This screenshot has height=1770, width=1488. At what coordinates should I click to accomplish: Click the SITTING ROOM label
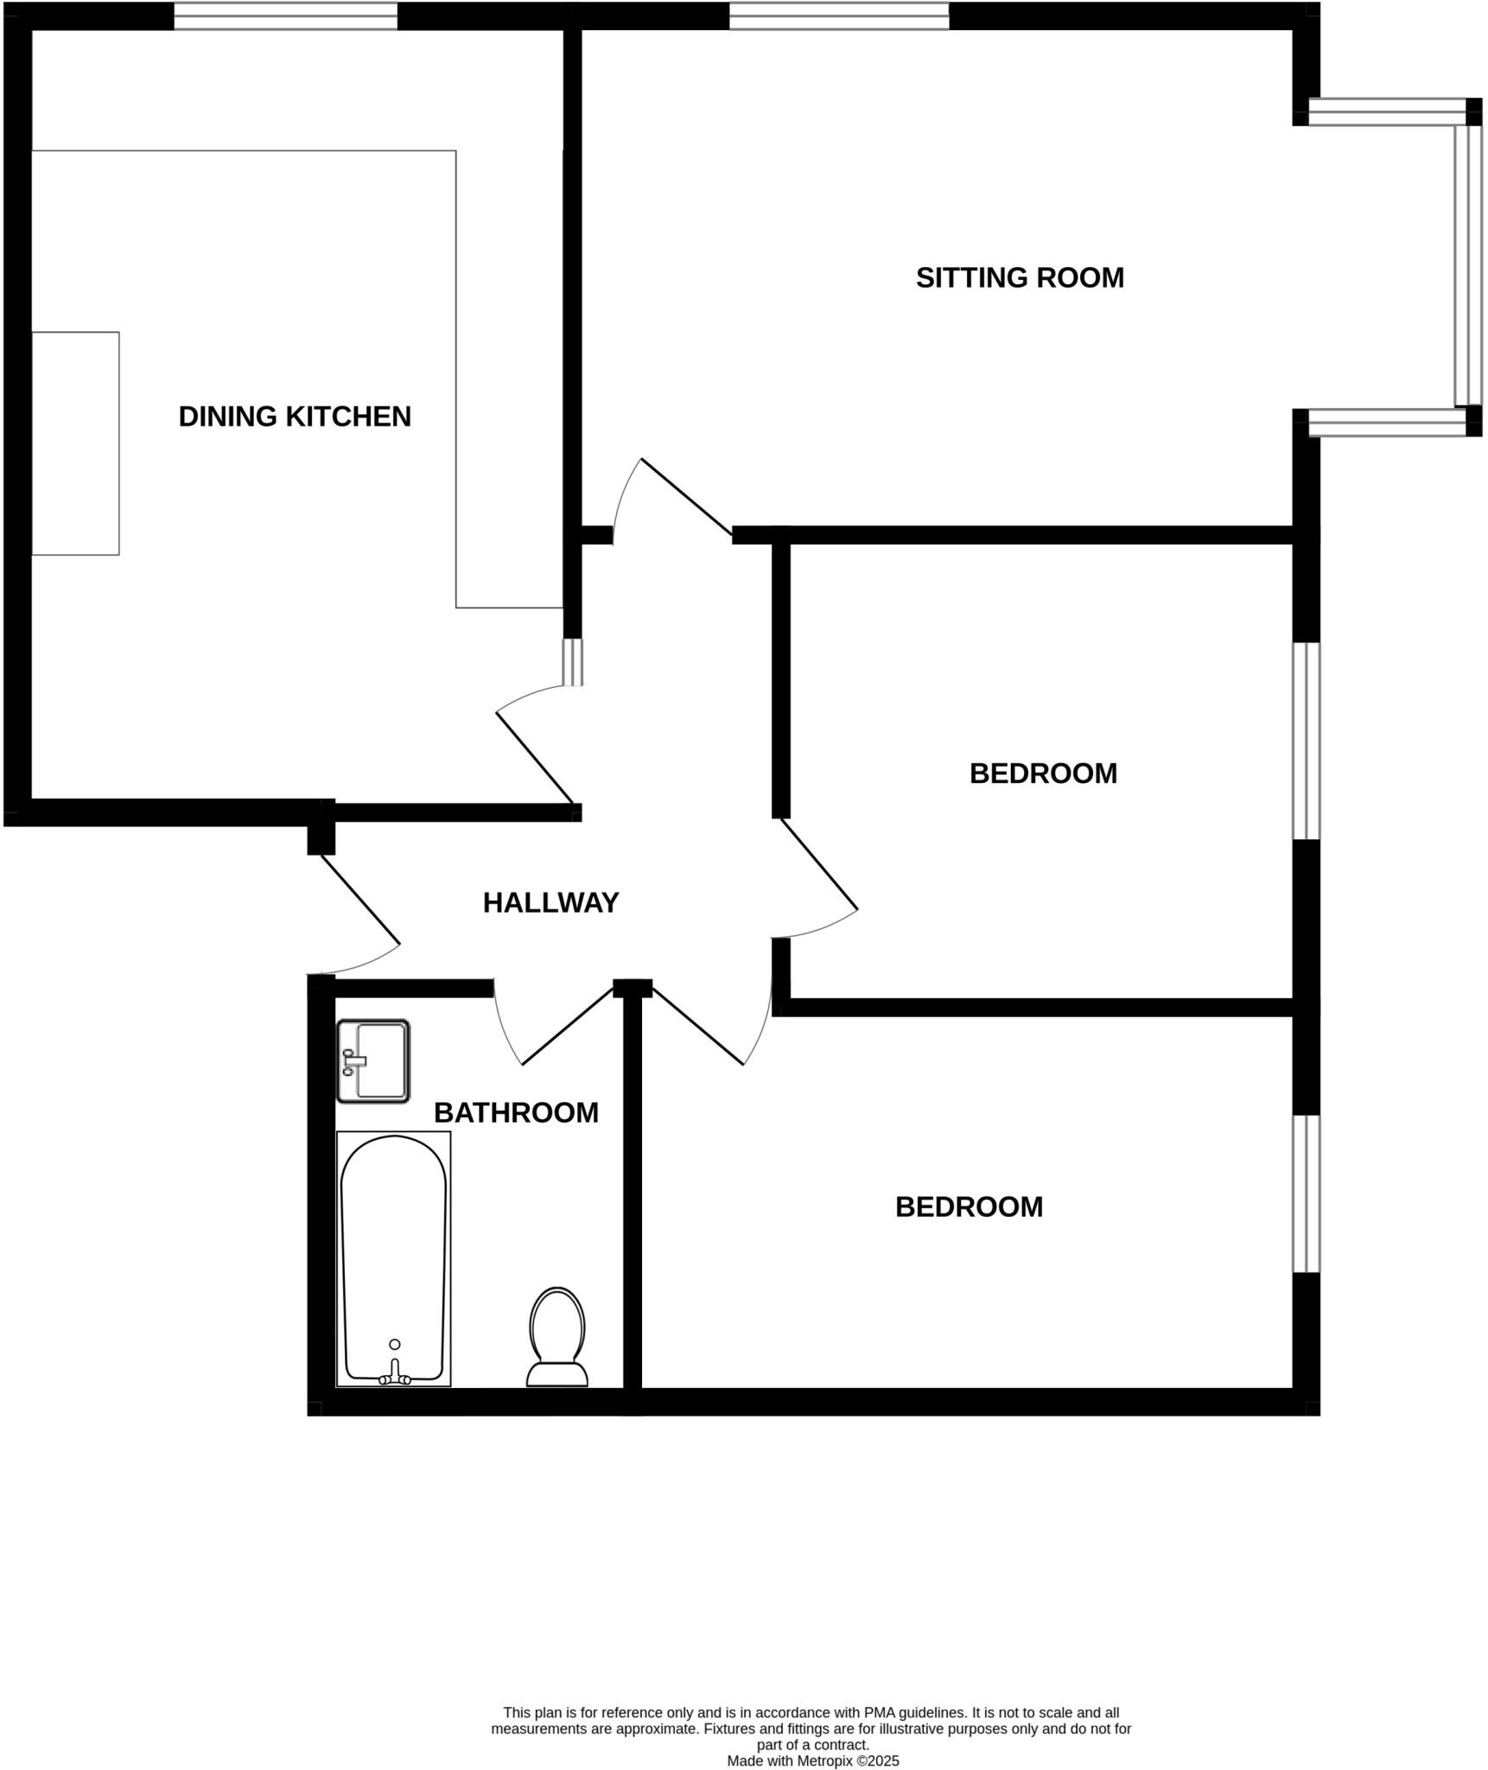click(x=1019, y=277)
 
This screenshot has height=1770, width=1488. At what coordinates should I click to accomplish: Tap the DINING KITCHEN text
click(x=294, y=417)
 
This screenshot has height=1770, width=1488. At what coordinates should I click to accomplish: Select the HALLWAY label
click(x=550, y=902)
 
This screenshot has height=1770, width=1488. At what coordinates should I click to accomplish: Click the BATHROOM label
click(x=516, y=1112)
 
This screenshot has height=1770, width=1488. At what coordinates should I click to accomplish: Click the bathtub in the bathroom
click(x=394, y=1253)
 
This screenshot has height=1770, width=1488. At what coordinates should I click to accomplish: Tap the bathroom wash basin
click(x=373, y=1060)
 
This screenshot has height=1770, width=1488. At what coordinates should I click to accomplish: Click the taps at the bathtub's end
click(x=395, y=1377)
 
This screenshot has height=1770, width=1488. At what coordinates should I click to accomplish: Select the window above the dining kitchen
click(x=285, y=16)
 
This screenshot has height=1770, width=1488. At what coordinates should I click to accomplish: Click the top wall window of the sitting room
click(x=838, y=16)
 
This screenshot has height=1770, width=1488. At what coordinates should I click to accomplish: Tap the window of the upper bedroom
click(x=1306, y=741)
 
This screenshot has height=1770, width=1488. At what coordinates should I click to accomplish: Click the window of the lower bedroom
click(x=1306, y=1194)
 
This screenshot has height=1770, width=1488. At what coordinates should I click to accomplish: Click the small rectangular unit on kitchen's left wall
click(x=75, y=443)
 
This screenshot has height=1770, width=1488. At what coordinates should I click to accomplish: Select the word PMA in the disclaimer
click(x=914, y=1712)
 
